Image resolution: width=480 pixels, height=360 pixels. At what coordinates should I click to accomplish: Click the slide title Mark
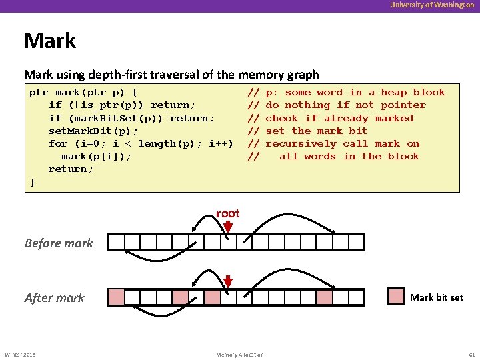point(50,41)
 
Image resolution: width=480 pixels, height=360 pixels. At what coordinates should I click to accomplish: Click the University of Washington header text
point(433,5)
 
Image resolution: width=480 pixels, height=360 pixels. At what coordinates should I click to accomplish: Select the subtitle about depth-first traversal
point(171,75)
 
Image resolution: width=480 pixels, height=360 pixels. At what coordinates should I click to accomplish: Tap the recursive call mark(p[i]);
point(96,156)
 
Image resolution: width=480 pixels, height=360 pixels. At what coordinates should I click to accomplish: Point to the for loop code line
point(141,143)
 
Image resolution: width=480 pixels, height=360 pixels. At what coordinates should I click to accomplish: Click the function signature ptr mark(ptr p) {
point(83,93)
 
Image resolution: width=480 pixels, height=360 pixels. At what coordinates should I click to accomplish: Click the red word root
point(227,213)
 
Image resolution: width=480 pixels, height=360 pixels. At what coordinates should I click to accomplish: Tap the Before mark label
point(59,243)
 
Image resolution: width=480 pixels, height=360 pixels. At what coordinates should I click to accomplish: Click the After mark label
point(55,297)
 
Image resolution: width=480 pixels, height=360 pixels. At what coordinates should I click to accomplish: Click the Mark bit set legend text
point(437,297)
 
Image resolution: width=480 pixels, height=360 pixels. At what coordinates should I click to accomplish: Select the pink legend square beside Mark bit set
point(397,297)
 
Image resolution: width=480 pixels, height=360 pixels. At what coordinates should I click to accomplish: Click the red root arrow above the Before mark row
point(228,227)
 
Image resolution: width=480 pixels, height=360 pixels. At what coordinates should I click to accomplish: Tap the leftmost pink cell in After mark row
point(116,297)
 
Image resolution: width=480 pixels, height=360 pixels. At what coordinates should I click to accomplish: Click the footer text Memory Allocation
point(240,354)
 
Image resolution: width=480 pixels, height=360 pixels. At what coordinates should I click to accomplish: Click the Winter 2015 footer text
point(21,354)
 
